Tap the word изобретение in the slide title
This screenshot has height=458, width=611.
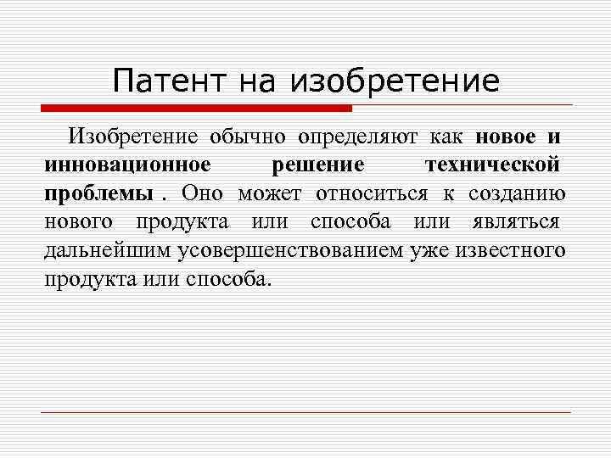395,82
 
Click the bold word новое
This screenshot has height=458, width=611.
506,137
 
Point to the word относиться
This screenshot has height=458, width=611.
370,193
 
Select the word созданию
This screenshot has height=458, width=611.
517,193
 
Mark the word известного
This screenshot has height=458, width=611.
510,251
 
